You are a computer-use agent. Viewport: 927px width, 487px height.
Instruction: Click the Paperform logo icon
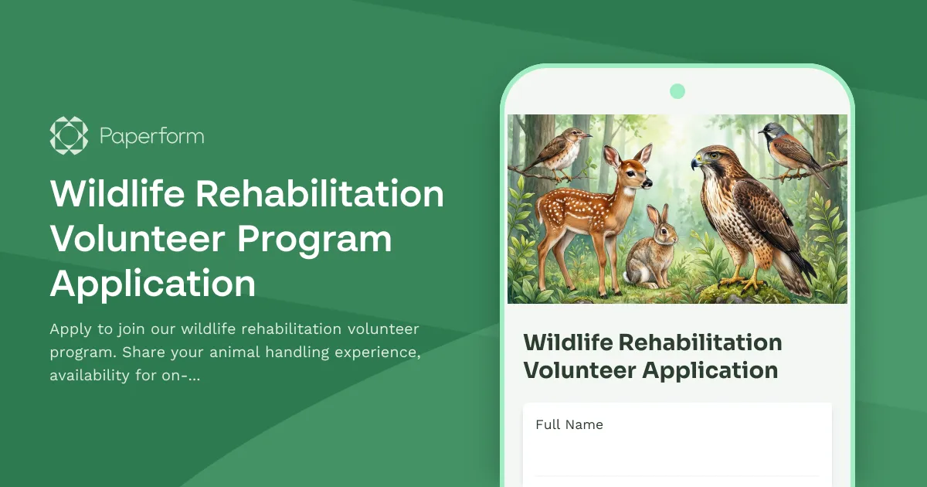pyautogui.click(x=69, y=135)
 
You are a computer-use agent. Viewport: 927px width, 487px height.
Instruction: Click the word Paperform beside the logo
pyautogui.click(x=151, y=137)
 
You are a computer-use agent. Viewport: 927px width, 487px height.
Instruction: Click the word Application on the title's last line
pyautogui.click(x=153, y=284)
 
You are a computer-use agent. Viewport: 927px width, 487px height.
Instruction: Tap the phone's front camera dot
pyautogui.click(x=677, y=91)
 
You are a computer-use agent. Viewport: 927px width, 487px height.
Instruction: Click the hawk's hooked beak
pyautogui.click(x=696, y=163)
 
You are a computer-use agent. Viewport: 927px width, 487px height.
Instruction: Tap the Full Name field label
pyautogui.click(x=569, y=424)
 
